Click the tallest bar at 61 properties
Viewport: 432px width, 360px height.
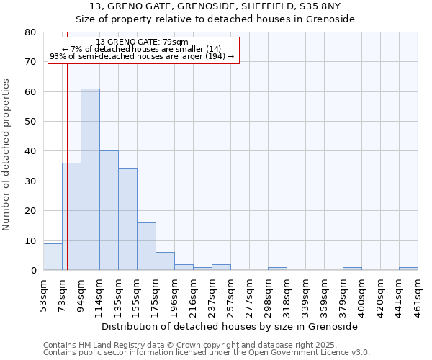tap(90, 179)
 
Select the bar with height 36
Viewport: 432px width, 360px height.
tap(71, 216)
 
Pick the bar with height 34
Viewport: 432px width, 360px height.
tap(127, 219)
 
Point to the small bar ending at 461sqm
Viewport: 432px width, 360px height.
tap(408, 269)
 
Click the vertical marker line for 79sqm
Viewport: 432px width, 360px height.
tap(67, 144)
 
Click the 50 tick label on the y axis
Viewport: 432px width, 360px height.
tap(30, 122)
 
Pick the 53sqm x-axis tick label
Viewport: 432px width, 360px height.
tap(44, 294)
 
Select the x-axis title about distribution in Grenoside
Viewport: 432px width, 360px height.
tap(230, 326)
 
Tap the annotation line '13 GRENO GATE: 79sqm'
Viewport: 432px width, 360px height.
tap(142, 42)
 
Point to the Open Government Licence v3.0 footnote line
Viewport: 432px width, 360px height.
tap(207, 353)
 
